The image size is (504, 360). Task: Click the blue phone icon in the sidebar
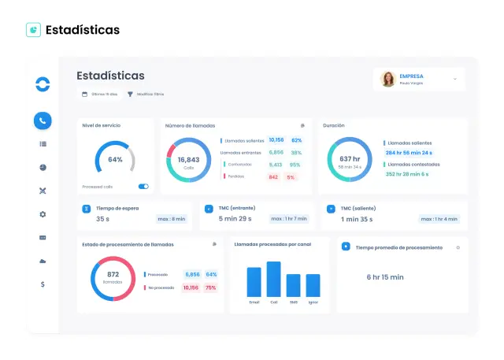click(43, 121)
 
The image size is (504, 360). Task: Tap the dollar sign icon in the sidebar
click(43, 284)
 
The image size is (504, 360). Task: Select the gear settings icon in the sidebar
click(43, 214)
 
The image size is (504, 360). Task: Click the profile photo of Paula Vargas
click(388, 79)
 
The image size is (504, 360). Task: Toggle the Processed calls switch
click(143, 187)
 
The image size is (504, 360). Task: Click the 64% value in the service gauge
click(115, 159)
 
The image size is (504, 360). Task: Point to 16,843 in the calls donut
click(188, 159)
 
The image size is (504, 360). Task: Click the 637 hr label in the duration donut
click(350, 159)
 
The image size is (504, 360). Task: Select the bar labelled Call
click(273, 278)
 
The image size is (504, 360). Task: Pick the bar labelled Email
click(254, 281)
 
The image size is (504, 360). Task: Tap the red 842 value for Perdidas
click(273, 177)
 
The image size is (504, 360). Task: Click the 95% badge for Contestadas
click(295, 165)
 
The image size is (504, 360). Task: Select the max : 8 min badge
click(172, 218)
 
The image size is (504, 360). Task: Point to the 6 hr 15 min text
click(385, 277)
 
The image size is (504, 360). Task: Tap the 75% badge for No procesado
click(210, 288)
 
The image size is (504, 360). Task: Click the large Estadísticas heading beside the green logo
click(83, 30)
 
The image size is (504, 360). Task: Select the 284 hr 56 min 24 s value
click(409, 152)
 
